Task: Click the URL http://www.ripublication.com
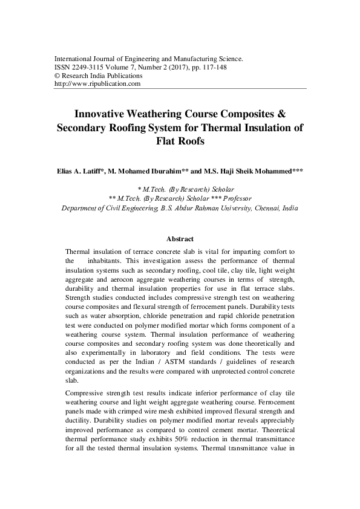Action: [97, 84]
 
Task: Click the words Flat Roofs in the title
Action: [180, 142]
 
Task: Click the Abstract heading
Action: [180, 239]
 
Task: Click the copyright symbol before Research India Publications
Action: [57, 76]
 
